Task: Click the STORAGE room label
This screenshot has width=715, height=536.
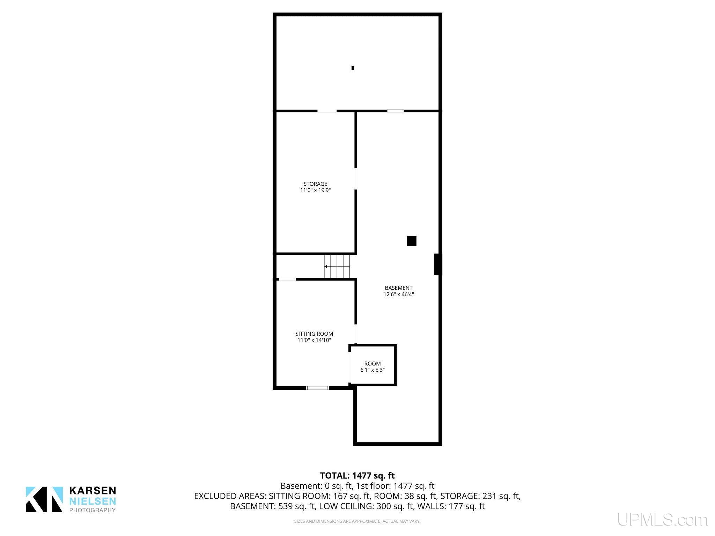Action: (x=315, y=184)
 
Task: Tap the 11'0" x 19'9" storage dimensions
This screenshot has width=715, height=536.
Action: (x=315, y=191)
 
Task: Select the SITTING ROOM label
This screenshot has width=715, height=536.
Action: (x=314, y=334)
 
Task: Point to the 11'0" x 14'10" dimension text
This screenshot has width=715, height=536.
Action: (x=314, y=340)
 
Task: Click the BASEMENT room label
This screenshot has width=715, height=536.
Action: (x=399, y=288)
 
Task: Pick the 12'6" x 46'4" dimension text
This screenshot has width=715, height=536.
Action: (x=399, y=295)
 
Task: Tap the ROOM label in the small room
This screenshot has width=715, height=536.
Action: (x=373, y=364)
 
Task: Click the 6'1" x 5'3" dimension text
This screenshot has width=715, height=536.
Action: (x=373, y=370)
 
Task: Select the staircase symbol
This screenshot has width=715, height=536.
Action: (x=337, y=267)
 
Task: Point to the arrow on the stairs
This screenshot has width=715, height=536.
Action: (x=337, y=267)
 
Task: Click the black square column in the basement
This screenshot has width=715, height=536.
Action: (x=411, y=241)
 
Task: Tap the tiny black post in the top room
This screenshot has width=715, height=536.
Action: (x=353, y=68)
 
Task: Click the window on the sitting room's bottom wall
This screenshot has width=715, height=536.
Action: (x=317, y=388)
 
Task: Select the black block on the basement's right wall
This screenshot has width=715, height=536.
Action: (x=436, y=264)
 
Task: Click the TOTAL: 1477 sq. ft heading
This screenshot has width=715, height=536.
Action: (x=357, y=476)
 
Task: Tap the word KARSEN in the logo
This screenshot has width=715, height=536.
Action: (x=93, y=491)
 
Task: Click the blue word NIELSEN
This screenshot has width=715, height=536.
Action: (x=93, y=501)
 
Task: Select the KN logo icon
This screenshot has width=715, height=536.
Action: (x=44, y=499)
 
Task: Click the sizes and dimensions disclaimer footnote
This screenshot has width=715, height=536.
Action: (x=357, y=521)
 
